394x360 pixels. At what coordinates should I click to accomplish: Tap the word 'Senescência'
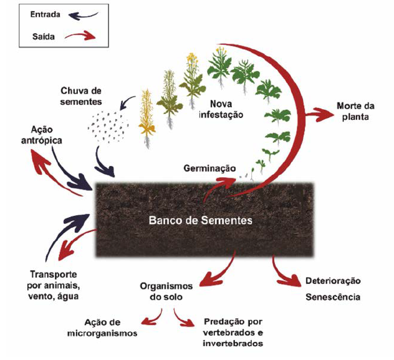tap(332, 297)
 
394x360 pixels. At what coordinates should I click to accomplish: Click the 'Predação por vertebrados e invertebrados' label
tap(233, 333)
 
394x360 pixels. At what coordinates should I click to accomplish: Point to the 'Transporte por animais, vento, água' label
tap(54, 285)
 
